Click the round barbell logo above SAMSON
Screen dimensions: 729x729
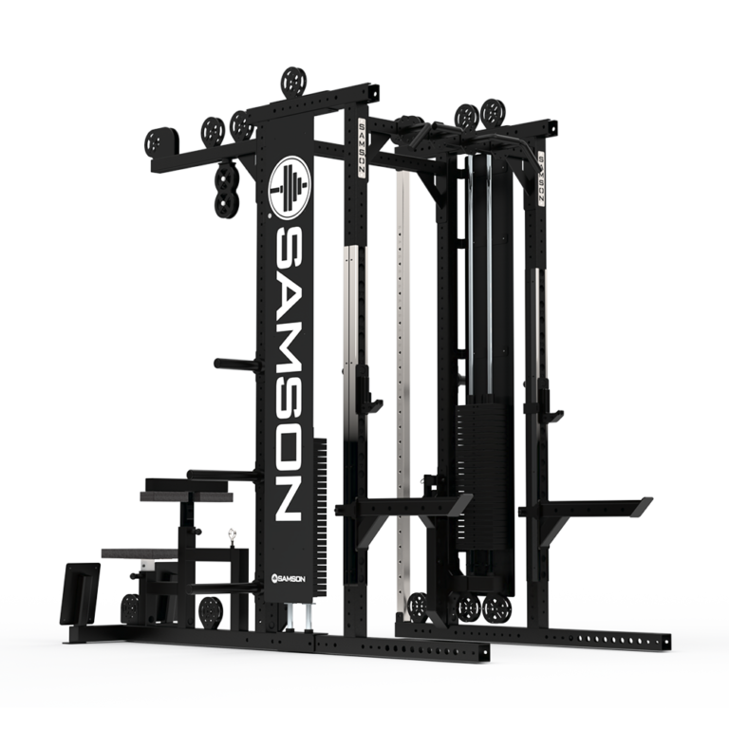(x=290, y=188)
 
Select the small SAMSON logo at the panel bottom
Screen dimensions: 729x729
(x=288, y=576)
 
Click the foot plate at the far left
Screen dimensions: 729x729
(x=80, y=594)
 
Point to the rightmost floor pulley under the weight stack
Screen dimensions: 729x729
(x=497, y=607)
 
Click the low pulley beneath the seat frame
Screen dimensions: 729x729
(x=208, y=608)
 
